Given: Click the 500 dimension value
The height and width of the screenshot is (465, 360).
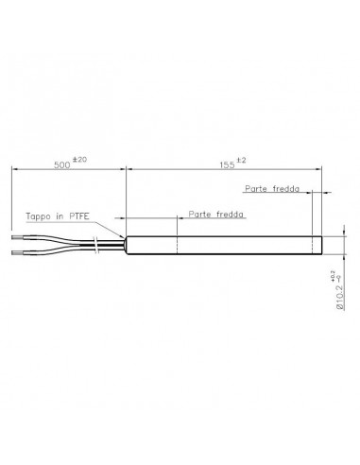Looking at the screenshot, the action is click(62, 165).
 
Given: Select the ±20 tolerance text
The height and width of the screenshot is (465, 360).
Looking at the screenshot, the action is click(79, 160).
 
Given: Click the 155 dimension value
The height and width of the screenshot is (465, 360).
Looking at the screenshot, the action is click(227, 165).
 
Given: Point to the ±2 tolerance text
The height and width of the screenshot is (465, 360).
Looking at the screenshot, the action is click(241, 160).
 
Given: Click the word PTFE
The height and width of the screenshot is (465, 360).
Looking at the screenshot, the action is click(79, 216).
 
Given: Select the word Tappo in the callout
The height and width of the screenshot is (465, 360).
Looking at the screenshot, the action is click(38, 216).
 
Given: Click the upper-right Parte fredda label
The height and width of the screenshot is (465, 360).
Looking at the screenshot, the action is click(272, 189).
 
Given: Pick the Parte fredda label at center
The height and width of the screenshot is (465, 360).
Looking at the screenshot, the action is click(216, 215).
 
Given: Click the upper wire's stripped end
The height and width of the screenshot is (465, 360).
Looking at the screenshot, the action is click(17, 237).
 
